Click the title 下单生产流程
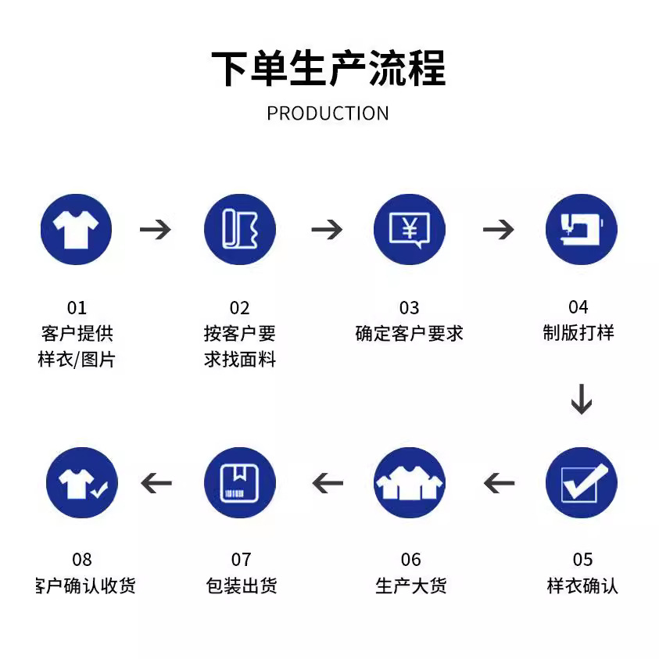coord(328,68)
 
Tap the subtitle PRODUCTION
coord(328,113)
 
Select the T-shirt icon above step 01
coord(76,230)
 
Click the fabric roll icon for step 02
coord(240,230)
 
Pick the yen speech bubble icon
coord(409,230)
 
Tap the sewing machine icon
coord(580,230)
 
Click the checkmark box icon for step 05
coord(581,482)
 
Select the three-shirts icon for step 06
coord(409,482)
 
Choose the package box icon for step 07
coord(240,482)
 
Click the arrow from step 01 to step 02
coord(156,230)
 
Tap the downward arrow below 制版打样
coord(581,399)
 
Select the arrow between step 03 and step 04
coord(498,230)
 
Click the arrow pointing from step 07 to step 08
coord(156,483)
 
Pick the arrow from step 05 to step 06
coord(499,483)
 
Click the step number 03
coord(409,308)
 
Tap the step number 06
coord(410,560)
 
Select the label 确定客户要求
coord(409,334)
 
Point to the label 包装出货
coord(240,586)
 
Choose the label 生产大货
coord(410,586)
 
